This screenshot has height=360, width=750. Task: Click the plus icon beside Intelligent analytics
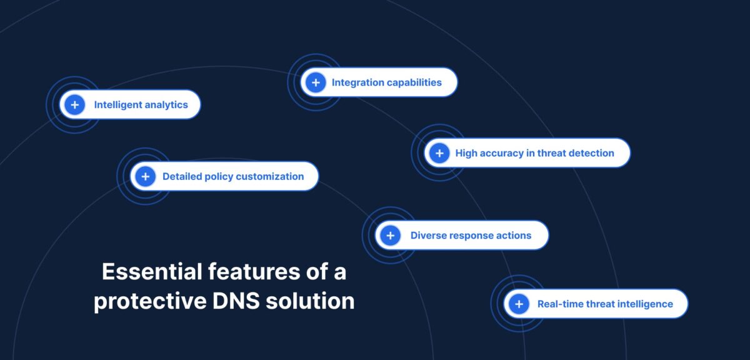(x=74, y=105)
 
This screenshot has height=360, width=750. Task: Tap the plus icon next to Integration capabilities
(x=316, y=82)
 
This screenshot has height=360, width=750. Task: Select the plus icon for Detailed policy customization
(x=145, y=176)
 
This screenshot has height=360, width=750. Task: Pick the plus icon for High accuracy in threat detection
(x=439, y=153)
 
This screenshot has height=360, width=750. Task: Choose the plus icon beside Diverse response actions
(x=390, y=236)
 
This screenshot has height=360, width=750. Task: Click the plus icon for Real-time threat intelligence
(x=519, y=304)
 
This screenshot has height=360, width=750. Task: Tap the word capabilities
(x=416, y=82)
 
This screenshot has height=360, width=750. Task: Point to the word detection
(x=591, y=153)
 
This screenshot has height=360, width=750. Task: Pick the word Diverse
(x=428, y=236)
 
